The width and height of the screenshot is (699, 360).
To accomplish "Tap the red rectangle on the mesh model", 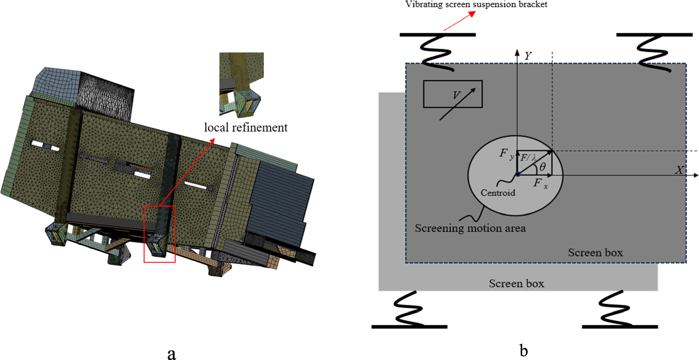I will pyautogui.click(x=160, y=234).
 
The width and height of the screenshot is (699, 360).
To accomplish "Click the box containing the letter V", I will pyautogui.click(x=452, y=94).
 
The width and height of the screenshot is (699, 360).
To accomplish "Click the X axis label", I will pyautogui.click(x=680, y=170).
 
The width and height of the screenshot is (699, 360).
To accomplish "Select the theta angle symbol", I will pyautogui.click(x=542, y=166).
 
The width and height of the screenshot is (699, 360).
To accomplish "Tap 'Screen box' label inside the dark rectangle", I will pyautogui.click(x=595, y=252).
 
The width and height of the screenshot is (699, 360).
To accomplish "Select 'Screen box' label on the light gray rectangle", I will pyautogui.click(x=516, y=283).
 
